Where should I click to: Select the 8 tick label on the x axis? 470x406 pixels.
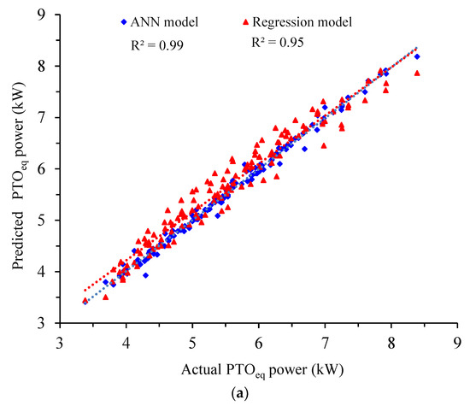391,342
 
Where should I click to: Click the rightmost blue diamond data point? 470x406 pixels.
417,56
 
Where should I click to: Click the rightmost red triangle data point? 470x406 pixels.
417,74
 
